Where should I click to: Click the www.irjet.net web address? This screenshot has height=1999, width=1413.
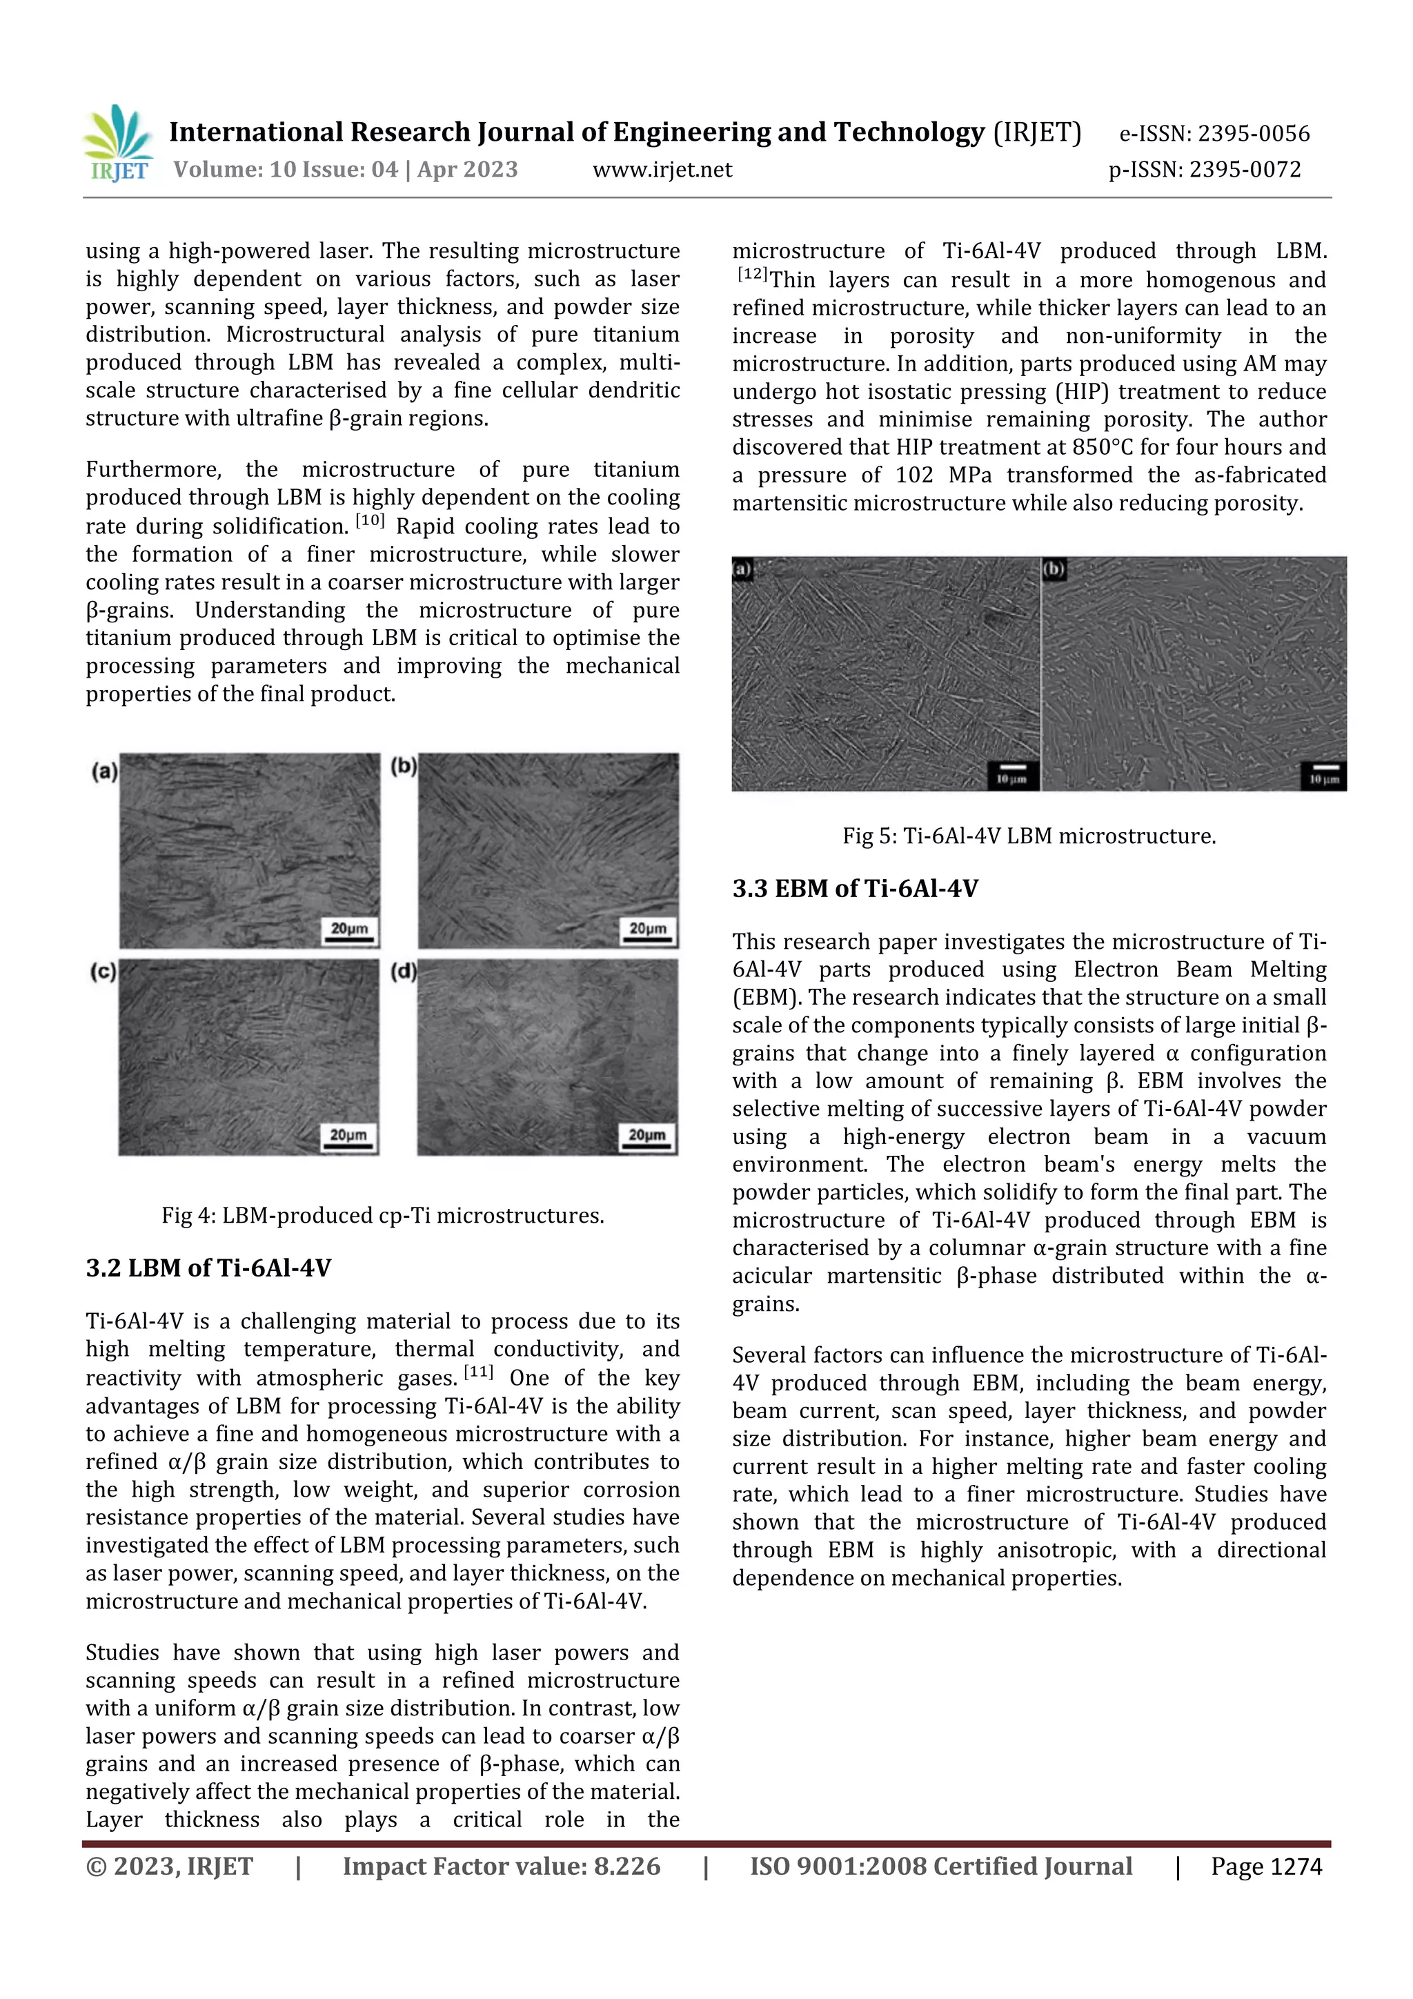662,170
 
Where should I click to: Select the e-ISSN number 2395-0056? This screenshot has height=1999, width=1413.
1253,133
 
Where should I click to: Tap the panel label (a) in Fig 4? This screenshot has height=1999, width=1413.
104,771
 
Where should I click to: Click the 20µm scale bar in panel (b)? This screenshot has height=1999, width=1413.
648,931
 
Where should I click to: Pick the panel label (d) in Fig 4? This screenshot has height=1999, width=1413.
403,971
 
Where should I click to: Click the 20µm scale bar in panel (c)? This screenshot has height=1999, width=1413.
348,1137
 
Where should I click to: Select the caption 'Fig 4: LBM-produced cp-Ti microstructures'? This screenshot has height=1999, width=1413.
382,1215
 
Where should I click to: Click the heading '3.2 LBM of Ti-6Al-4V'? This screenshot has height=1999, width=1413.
208,1268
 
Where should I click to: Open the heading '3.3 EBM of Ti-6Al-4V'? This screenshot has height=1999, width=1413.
855,889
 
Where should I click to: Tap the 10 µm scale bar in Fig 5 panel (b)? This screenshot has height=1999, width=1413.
1323,775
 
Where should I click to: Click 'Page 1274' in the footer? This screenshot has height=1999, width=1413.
1266,1867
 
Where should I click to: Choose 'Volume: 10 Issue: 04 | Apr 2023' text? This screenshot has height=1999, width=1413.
346,170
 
